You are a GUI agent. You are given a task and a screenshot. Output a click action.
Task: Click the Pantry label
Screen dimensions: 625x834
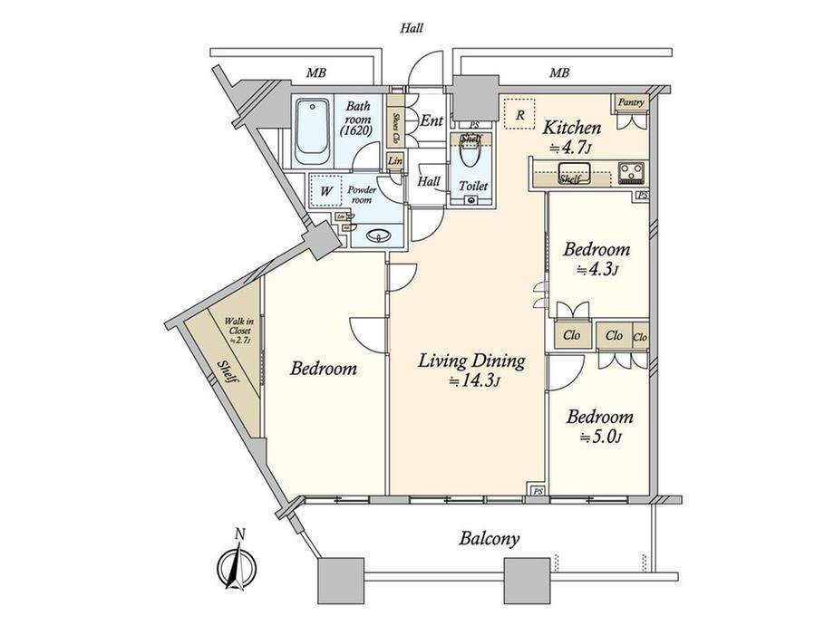tap(632, 102)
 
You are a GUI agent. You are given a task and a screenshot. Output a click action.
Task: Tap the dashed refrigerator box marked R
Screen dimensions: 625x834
tap(519, 114)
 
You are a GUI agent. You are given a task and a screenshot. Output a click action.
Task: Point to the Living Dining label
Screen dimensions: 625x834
tap(471, 361)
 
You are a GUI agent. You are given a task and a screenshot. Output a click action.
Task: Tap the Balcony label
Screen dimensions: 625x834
tap(489, 539)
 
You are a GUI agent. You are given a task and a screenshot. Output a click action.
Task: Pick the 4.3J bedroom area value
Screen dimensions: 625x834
tap(598, 269)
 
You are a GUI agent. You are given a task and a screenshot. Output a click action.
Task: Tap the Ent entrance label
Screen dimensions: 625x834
tap(432, 120)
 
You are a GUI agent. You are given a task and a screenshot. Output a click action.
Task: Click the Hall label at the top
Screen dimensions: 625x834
tap(412, 28)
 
